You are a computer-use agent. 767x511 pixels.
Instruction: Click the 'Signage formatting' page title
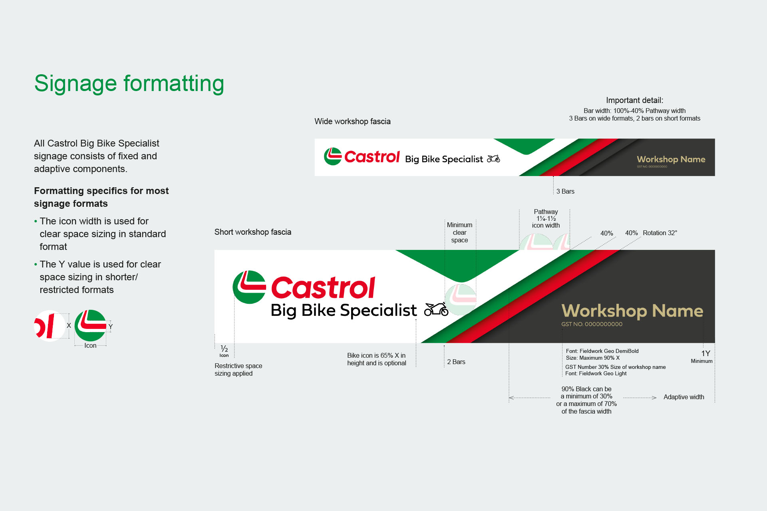pos(129,83)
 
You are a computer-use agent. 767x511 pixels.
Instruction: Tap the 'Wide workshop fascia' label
pos(352,121)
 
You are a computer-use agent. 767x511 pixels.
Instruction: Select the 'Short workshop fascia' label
pos(252,232)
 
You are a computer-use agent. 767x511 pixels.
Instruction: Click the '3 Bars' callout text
pos(565,192)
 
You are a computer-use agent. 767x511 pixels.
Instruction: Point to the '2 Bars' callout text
pos(456,362)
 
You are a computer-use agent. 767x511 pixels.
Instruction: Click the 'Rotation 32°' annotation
pos(660,233)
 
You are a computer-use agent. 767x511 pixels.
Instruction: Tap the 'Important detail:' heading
pos(634,100)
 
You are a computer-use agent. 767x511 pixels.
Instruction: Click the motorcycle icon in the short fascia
pos(436,309)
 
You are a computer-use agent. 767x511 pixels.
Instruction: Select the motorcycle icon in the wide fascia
pos(493,159)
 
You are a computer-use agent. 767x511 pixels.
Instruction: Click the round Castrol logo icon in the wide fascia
pos(333,156)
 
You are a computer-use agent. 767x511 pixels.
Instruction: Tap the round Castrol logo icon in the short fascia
pos(249,287)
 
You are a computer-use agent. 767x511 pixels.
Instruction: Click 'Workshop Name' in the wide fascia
pos(671,159)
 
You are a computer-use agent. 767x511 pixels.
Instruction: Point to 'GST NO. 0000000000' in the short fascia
pos(592,324)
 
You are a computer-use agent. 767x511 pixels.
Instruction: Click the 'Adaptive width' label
pos(684,397)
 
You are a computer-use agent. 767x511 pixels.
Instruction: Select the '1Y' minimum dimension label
pos(705,353)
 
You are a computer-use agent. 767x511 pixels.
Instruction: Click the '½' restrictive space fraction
pos(224,349)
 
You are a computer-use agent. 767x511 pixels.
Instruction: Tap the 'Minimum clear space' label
pos(459,232)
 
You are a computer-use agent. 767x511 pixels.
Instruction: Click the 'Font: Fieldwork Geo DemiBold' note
pos(602,351)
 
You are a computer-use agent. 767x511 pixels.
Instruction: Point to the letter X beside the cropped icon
pos(69,325)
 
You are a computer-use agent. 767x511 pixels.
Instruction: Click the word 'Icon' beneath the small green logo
pos(90,346)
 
